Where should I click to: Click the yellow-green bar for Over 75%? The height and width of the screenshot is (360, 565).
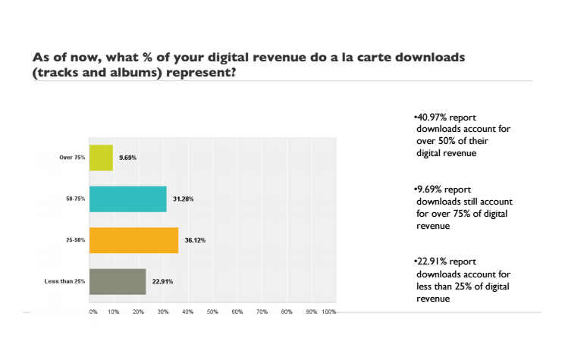(101, 158)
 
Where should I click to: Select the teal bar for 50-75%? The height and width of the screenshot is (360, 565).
(127, 199)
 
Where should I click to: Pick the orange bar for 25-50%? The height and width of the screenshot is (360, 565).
(133, 240)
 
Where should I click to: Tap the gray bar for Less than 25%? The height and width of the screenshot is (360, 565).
(118, 281)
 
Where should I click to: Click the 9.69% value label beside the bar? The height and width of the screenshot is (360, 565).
(128, 158)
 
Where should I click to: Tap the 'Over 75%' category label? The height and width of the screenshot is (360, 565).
(72, 158)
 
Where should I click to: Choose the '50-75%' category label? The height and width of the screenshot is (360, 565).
(74, 199)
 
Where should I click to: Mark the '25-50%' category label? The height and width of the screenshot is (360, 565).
(74, 240)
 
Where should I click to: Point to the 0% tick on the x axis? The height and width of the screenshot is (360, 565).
(93, 311)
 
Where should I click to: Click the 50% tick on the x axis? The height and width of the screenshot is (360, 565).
(212, 311)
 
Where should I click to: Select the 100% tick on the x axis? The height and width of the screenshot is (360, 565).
(329, 311)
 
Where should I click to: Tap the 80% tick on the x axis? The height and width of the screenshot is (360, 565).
(286, 311)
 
